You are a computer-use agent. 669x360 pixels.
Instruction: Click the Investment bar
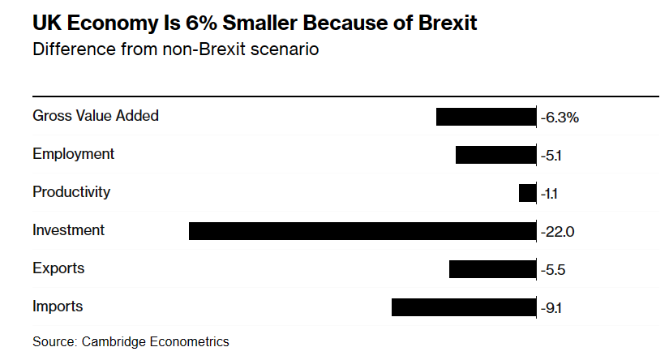click(362, 231)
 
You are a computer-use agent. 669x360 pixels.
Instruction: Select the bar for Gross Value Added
click(487, 117)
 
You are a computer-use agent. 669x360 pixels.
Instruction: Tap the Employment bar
click(496, 155)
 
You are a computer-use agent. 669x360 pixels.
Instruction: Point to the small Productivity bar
click(527, 193)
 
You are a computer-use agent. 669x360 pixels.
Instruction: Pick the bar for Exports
click(493, 269)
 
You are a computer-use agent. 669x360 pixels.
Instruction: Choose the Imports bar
click(464, 307)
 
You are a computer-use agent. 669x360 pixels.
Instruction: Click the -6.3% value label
click(560, 118)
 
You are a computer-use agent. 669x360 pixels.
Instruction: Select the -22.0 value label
click(558, 232)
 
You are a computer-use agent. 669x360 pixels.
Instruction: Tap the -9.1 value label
click(552, 308)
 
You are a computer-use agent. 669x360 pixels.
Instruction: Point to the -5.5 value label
click(553, 270)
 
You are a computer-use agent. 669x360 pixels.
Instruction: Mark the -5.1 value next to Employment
click(551, 156)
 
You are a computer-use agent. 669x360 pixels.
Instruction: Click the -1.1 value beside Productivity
click(550, 194)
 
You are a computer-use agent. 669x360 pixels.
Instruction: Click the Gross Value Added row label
click(96, 116)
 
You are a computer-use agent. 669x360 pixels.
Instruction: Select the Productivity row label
click(71, 192)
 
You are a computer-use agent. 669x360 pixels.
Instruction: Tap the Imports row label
click(58, 306)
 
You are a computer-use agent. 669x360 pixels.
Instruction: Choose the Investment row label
click(68, 230)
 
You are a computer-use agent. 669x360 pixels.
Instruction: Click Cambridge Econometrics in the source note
click(156, 341)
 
